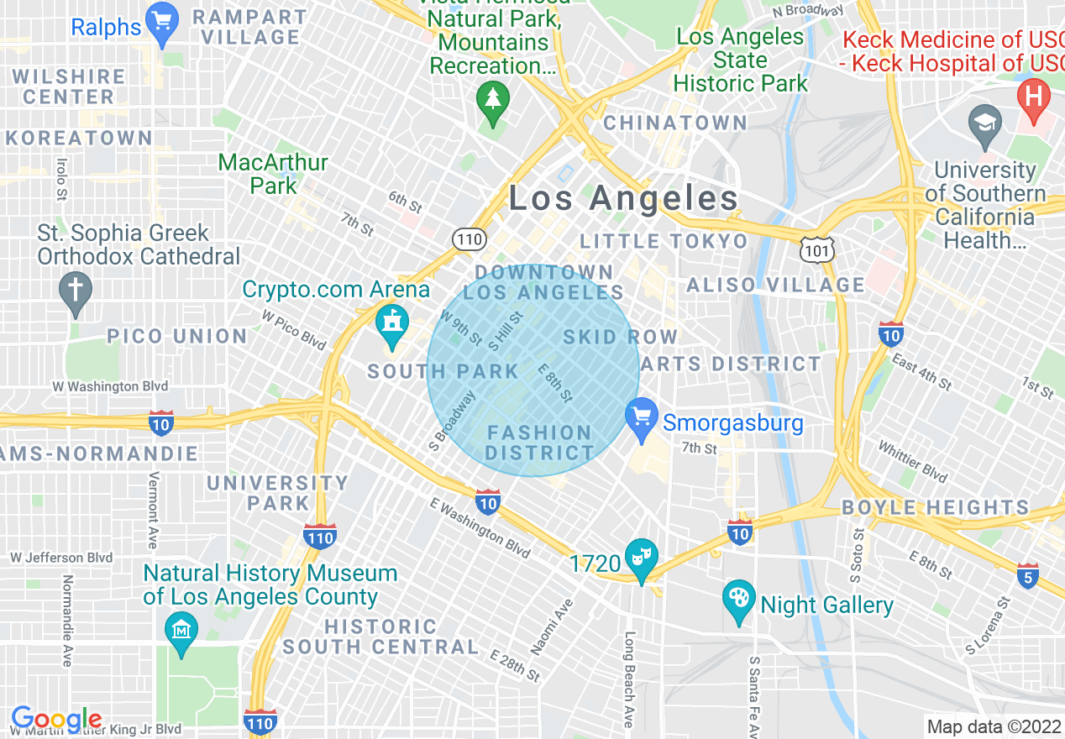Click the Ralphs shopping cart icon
click(160, 22)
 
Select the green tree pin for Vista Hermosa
click(493, 101)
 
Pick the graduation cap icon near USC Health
click(984, 123)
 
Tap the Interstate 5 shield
click(1027, 576)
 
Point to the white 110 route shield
click(470, 240)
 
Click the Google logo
click(55, 720)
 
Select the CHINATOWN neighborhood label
click(675, 123)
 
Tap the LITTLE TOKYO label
click(664, 242)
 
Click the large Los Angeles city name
click(623, 199)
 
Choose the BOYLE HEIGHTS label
click(935, 508)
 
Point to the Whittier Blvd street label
click(911, 462)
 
